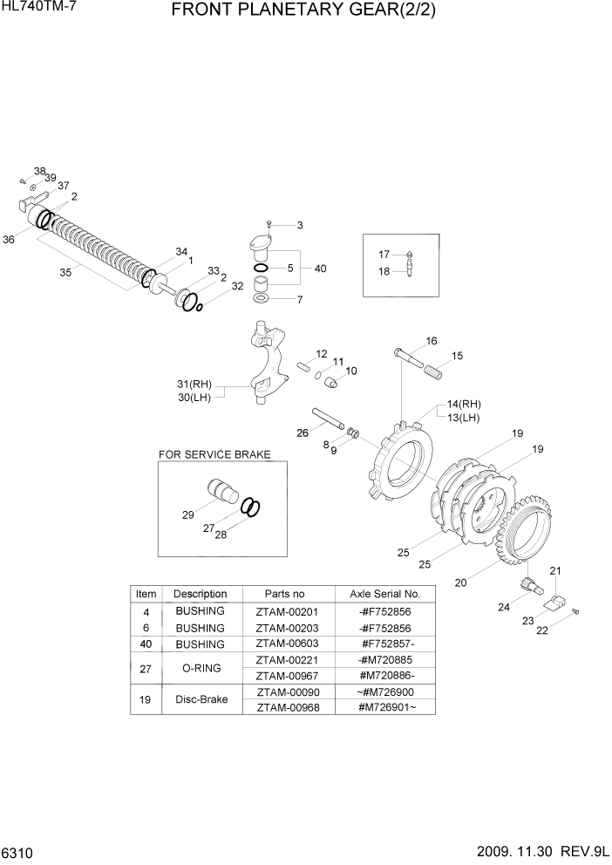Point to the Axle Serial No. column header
pos(384,594)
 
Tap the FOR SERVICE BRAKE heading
pos(214,454)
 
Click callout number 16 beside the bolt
pos(431,340)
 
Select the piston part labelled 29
pos(222,493)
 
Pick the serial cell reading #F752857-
pos(384,644)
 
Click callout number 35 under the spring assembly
pos(65,273)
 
